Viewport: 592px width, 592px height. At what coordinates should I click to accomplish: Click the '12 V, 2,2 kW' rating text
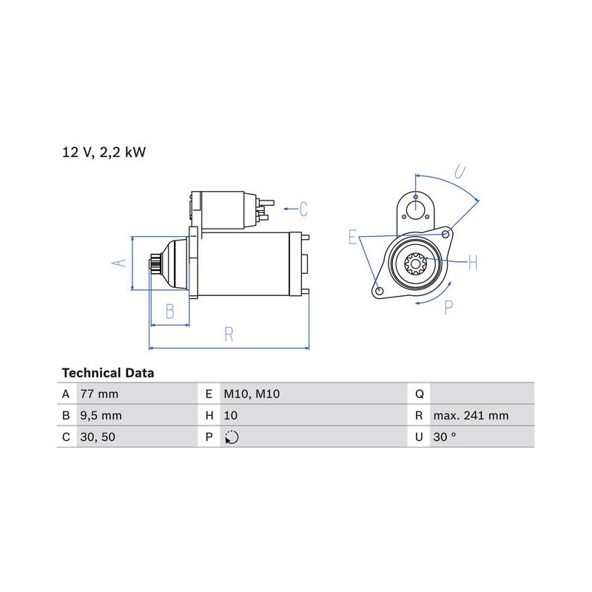104,152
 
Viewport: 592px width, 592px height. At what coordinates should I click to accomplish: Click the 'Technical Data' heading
108,373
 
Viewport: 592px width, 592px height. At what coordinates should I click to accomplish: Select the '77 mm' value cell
99,394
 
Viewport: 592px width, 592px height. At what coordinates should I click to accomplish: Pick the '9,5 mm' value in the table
101,416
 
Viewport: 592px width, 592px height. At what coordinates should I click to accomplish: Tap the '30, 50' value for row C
98,437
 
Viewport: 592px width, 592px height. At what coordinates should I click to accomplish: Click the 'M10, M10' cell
252,394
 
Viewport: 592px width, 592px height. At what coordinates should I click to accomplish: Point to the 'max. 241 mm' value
471,416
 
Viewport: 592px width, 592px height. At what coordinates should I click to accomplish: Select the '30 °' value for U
445,437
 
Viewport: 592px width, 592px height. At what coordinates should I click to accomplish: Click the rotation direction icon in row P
232,437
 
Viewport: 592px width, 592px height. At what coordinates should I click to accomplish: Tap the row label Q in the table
419,394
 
